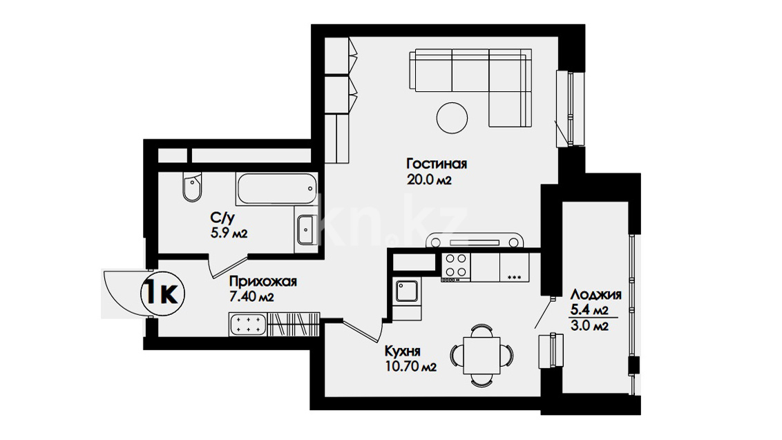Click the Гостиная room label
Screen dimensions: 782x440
[x=437, y=164]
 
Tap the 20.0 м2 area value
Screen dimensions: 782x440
[x=429, y=180]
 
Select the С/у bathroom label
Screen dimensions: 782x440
[x=222, y=218]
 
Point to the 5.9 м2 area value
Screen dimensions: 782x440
[x=229, y=233]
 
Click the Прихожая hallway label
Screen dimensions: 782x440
[x=263, y=282]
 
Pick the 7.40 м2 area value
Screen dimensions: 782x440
[x=251, y=297]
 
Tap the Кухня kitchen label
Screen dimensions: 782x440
[x=403, y=351]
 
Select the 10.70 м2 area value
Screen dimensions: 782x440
[x=410, y=367]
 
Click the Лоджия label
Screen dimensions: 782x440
[x=595, y=295]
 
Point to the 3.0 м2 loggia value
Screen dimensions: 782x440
[x=589, y=326]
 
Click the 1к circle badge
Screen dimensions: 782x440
[x=162, y=294]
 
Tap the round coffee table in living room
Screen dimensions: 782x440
[x=452, y=117]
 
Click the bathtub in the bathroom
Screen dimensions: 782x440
[x=276, y=189]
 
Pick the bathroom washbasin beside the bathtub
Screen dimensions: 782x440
[x=305, y=230]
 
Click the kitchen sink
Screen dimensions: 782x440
[x=406, y=291]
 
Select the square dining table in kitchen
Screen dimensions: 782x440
[x=481, y=355]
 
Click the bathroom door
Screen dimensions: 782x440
[x=227, y=265]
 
